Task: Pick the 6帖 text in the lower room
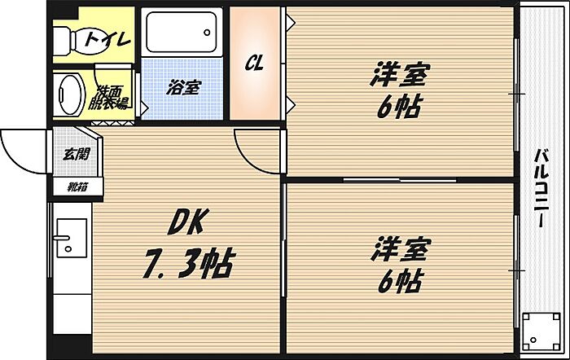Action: point(399,281)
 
